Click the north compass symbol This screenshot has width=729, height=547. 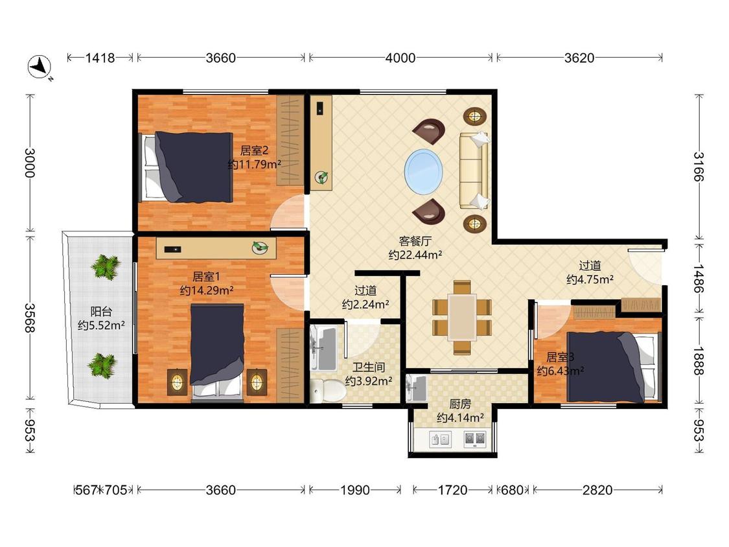point(40,67)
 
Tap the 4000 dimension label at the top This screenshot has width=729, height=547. point(400,58)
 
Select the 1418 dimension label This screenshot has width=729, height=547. point(100,58)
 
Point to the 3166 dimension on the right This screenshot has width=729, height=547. point(699,167)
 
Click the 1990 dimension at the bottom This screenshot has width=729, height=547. point(354,490)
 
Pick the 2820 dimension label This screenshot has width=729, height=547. point(597,490)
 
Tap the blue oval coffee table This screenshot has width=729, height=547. point(424,170)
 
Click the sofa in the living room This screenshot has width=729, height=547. point(474,170)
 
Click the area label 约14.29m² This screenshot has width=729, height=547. point(207,291)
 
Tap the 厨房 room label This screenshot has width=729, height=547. point(460,404)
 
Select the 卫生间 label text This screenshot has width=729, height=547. point(369,367)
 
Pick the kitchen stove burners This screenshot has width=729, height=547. point(475,439)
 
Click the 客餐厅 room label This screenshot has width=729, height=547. point(415,241)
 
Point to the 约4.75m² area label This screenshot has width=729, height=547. point(590,279)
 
